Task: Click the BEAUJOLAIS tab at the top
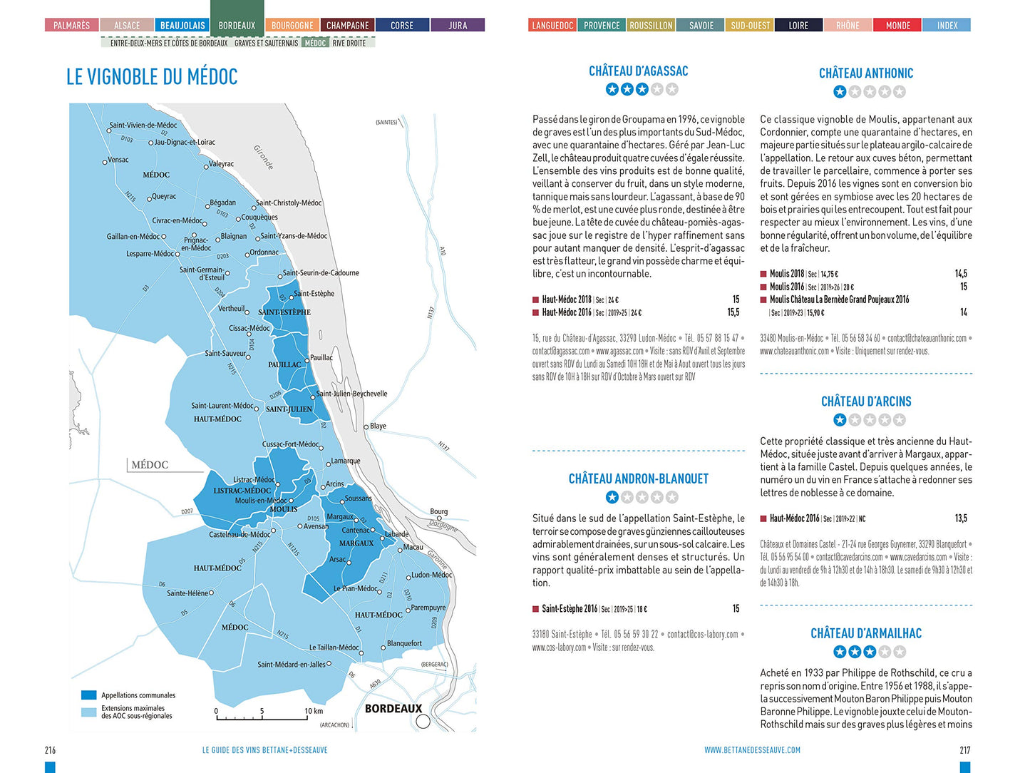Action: point(182,26)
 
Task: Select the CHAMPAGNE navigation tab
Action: point(347,26)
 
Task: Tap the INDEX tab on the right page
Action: point(947,26)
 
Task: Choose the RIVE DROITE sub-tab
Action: point(349,43)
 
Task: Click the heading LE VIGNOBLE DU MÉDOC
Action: point(152,77)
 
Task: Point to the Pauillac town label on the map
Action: point(321,358)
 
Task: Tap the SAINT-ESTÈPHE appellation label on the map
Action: point(284,312)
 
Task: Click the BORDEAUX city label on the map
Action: point(393,709)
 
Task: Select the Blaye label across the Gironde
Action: point(378,426)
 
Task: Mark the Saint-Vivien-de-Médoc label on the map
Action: point(143,126)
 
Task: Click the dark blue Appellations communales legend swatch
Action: point(88,695)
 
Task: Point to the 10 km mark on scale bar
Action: point(314,711)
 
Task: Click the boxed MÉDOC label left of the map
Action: point(150,465)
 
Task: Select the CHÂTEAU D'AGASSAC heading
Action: point(638,71)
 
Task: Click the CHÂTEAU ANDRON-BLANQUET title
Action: point(638,479)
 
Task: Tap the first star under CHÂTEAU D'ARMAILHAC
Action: point(840,652)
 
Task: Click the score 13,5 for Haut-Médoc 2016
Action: point(961,518)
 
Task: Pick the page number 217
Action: point(964,750)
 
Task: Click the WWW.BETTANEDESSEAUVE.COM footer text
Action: point(752,750)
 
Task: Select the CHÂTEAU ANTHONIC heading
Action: point(865,73)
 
